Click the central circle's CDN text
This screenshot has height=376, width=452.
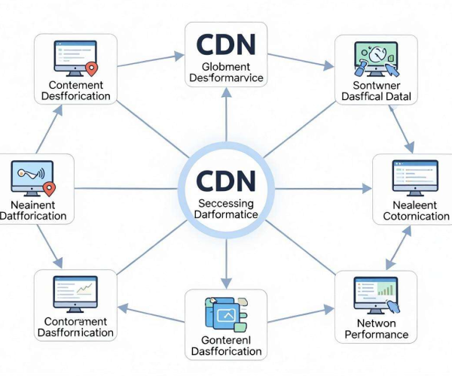click(226, 180)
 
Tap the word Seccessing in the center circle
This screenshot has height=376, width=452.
click(226, 203)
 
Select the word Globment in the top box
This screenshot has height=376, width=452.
click(226, 67)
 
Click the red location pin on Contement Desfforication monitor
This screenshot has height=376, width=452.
click(92, 69)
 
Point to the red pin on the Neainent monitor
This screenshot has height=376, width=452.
click(49, 189)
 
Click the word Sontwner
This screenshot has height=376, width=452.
click(377, 86)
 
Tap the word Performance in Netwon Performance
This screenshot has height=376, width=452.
click(377, 335)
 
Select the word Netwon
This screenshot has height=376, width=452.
click(376, 323)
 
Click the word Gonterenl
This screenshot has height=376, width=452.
click(226, 340)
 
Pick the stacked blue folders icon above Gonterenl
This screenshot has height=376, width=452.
click(226, 314)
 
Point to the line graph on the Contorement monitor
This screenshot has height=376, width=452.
click(84, 289)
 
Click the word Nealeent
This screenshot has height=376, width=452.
click(415, 205)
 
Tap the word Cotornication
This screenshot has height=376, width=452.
click(417, 216)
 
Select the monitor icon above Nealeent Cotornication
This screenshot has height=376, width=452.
click(415, 178)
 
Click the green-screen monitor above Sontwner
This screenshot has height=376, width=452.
click(376, 59)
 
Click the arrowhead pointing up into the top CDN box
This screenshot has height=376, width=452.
click(226, 92)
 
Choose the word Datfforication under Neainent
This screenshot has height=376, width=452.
click(33, 216)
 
